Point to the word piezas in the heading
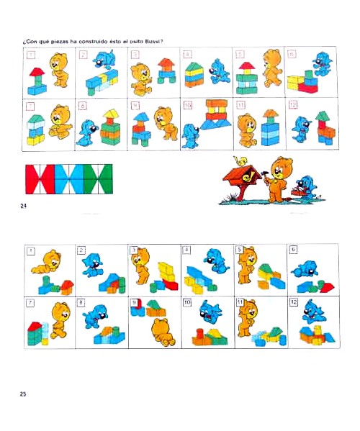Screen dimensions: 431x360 (x=60, y=41)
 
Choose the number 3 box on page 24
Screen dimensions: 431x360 (x=135, y=54)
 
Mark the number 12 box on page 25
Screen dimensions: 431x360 (x=293, y=302)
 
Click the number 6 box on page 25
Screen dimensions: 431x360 (x=293, y=250)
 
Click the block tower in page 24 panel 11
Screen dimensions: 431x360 (x=270, y=128)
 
